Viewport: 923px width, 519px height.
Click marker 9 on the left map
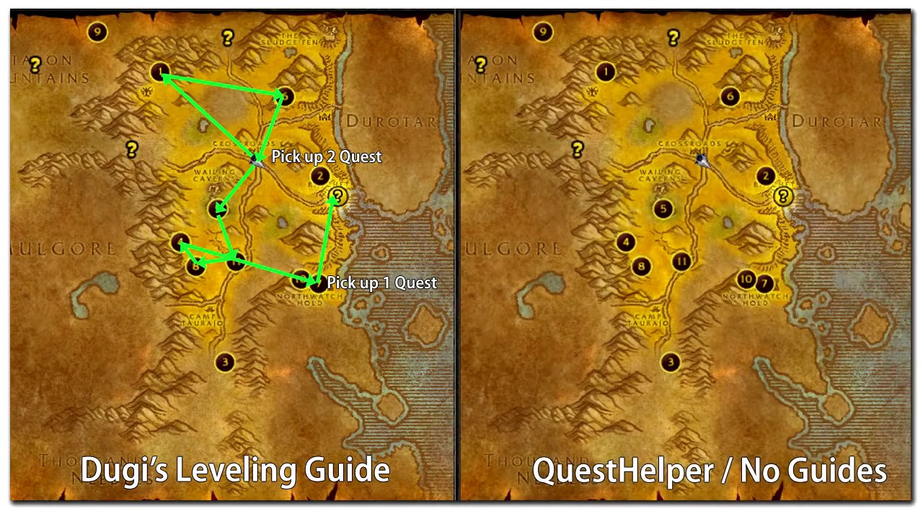(x=97, y=32)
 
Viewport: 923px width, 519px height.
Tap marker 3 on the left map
(x=226, y=362)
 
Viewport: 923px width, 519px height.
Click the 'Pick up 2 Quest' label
(x=326, y=157)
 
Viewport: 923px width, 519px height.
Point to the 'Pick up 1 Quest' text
(x=381, y=283)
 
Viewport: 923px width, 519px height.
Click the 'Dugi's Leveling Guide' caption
(x=235, y=471)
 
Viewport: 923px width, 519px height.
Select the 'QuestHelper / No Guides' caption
(x=710, y=471)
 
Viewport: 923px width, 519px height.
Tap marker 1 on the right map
(x=606, y=71)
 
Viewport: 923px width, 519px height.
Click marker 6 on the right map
(x=730, y=97)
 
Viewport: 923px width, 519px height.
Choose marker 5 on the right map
(x=663, y=209)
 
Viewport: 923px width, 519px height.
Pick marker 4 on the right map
(x=626, y=242)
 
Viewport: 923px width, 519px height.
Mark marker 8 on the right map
(x=641, y=267)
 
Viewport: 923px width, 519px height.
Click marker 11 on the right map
(x=681, y=261)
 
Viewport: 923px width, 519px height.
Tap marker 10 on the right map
(x=746, y=280)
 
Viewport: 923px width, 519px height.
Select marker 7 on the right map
(x=764, y=283)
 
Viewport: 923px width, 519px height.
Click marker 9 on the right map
(x=542, y=32)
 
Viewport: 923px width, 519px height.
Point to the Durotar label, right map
(x=836, y=122)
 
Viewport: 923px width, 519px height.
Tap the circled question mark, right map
(x=783, y=196)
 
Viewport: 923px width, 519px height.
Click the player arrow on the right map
(x=701, y=159)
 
